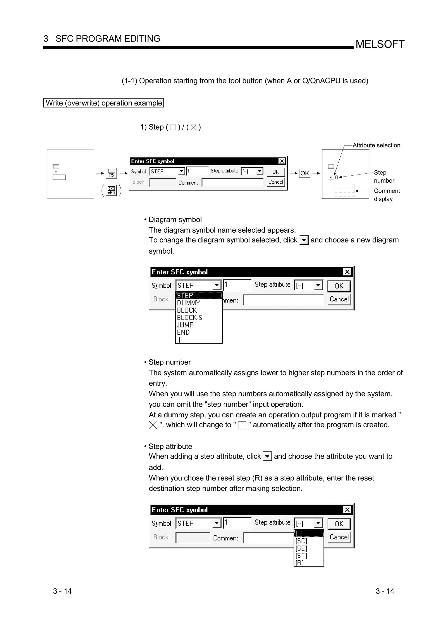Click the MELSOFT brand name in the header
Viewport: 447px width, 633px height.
coord(380,44)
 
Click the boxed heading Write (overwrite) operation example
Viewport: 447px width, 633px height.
coord(103,103)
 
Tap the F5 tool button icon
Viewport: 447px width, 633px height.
coord(112,173)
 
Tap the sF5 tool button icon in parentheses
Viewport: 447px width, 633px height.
coord(111,190)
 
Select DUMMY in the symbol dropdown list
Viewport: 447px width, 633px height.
coord(188,303)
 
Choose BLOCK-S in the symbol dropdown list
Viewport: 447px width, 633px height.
coord(189,318)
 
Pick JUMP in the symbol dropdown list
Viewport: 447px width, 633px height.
coord(185,325)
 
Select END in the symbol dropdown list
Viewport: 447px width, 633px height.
coord(183,332)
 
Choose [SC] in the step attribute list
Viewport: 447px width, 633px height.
coord(301,541)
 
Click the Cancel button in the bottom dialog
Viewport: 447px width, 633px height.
coord(339,537)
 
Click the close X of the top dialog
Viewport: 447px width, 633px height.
coord(282,161)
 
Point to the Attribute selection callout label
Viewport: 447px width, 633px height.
coord(376,145)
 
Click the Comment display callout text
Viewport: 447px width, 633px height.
coord(387,195)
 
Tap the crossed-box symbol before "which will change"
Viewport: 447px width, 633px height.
coord(153,425)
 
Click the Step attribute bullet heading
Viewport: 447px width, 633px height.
coord(170,446)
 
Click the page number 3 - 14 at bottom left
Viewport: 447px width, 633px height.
coord(62,591)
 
